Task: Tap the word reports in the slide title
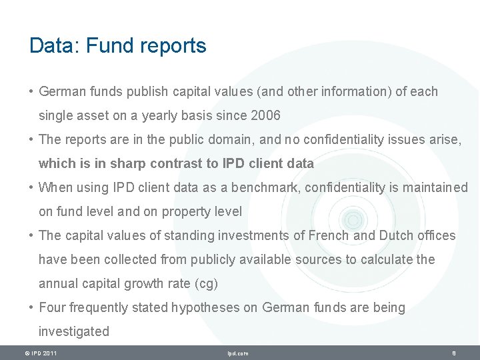click(x=175, y=47)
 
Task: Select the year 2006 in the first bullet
click(x=266, y=115)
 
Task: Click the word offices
click(x=436, y=235)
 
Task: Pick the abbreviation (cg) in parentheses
click(x=206, y=283)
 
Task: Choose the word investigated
click(x=73, y=331)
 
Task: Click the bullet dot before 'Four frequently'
click(x=32, y=307)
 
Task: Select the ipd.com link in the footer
click(x=238, y=353)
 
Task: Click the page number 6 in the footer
click(x=453, y=353)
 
